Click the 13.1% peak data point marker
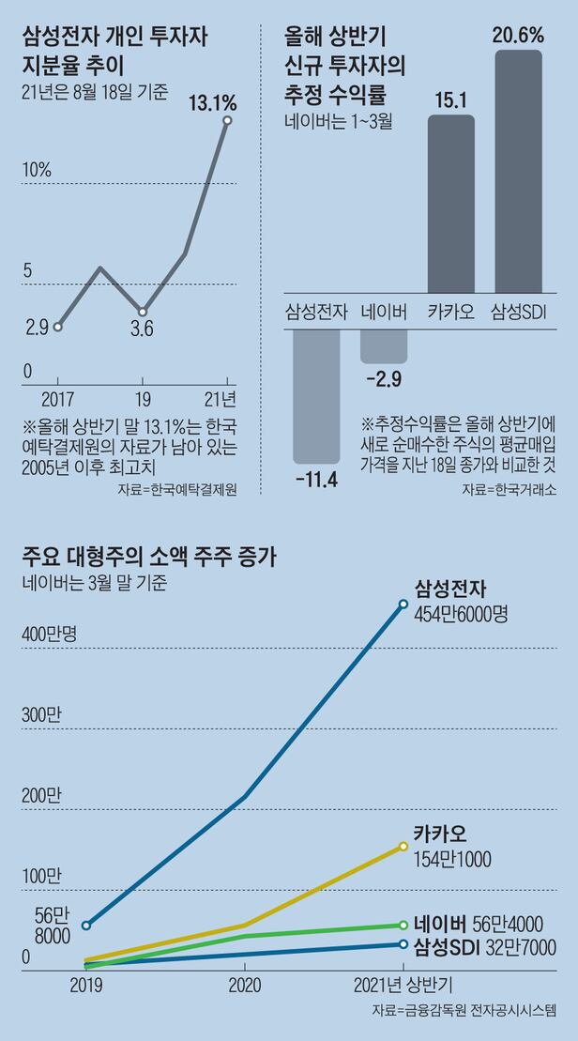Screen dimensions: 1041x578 coord(228,121)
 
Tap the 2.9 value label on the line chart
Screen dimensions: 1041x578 coord(38,328)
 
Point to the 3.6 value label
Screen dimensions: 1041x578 coord(142,329)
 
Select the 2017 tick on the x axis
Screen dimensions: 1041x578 coord(58,397)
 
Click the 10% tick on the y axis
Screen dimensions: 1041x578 coord(37,170)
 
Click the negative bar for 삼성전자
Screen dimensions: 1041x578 coord(316,394)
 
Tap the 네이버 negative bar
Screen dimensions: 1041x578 coord(384,344)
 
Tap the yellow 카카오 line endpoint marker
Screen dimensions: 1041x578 coord(403,846)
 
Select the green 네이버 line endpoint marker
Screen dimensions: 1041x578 coord(403,925)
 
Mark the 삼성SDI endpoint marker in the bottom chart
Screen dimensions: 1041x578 coord(403,944)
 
